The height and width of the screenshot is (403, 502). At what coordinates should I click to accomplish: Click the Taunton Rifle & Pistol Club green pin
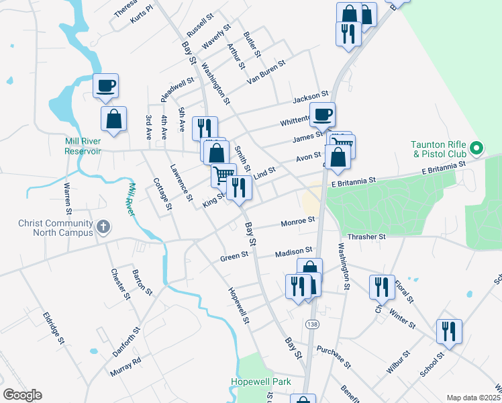coord(476,147)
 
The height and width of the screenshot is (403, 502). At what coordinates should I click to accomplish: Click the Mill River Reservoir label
coord(83,146)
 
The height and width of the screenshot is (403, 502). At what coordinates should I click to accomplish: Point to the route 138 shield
coord(311,324)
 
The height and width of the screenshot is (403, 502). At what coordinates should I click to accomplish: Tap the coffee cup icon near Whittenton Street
coord(322,114)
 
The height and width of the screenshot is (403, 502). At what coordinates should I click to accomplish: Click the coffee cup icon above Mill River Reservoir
coord(105,85)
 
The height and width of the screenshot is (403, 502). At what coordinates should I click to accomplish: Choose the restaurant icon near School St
coord(448,331)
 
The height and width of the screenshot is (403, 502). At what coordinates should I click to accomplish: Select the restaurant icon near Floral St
coord(381,286)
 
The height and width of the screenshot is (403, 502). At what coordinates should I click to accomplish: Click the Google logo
coord(22,395)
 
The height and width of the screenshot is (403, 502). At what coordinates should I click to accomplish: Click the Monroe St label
coord(298,220)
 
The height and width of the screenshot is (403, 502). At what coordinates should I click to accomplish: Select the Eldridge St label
coord(53,328)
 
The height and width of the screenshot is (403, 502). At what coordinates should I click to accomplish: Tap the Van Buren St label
coord(266,72)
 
